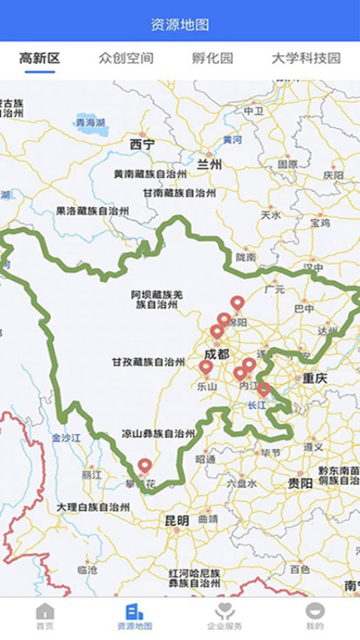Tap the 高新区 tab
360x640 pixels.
(x=40, y=58)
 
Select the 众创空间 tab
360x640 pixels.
(x=126, y=58)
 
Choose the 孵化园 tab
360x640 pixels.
(x=212, y=58)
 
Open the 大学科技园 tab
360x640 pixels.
(x=306, y=58)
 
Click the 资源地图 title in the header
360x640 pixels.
(x=180, y=25)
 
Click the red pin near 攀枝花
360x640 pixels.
(x=144, y=467)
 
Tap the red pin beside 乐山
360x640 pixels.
(x=206, y=368)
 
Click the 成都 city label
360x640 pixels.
(x=217, y=354)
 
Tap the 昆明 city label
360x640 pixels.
(x=177, y=520)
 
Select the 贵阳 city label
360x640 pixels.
(x=300, y=483)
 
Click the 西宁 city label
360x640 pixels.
(x=142, y=144)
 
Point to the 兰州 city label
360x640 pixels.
(x=210, y=163)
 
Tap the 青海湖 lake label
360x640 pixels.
(x=90, y=122)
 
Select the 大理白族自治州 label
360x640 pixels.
(x=93, y=507)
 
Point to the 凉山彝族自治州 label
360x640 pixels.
(x=158, y=434)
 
